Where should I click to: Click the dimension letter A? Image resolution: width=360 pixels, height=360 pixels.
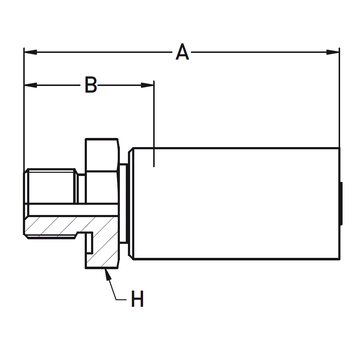click(x=182, y=52)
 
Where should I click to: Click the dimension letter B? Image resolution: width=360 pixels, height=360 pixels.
click(x=91, y=85)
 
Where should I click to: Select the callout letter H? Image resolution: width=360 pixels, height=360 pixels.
click(x=137, y=300)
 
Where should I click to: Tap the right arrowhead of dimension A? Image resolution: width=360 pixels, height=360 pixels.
click(x=333, y=52)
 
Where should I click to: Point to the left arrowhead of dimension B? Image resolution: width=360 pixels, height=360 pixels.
click(x=30, y=85)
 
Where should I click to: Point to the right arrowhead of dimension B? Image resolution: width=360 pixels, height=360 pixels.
click(x=147, y=85)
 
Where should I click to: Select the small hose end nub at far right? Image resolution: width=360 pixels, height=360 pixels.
click(x=341, y=203)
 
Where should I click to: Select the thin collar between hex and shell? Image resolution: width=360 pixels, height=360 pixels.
click(x=123, y=203)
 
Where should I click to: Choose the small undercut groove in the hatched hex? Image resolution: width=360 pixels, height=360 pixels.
click(x=90, y=243)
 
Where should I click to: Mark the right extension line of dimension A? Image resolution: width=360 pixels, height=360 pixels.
click(x=339, y=101)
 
